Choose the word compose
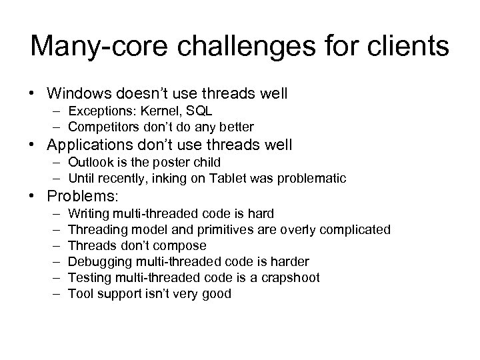tap(182, 246)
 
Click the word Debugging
tap(97, 262)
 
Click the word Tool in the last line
tap(80, 294)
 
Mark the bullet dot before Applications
tap(38, 145)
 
